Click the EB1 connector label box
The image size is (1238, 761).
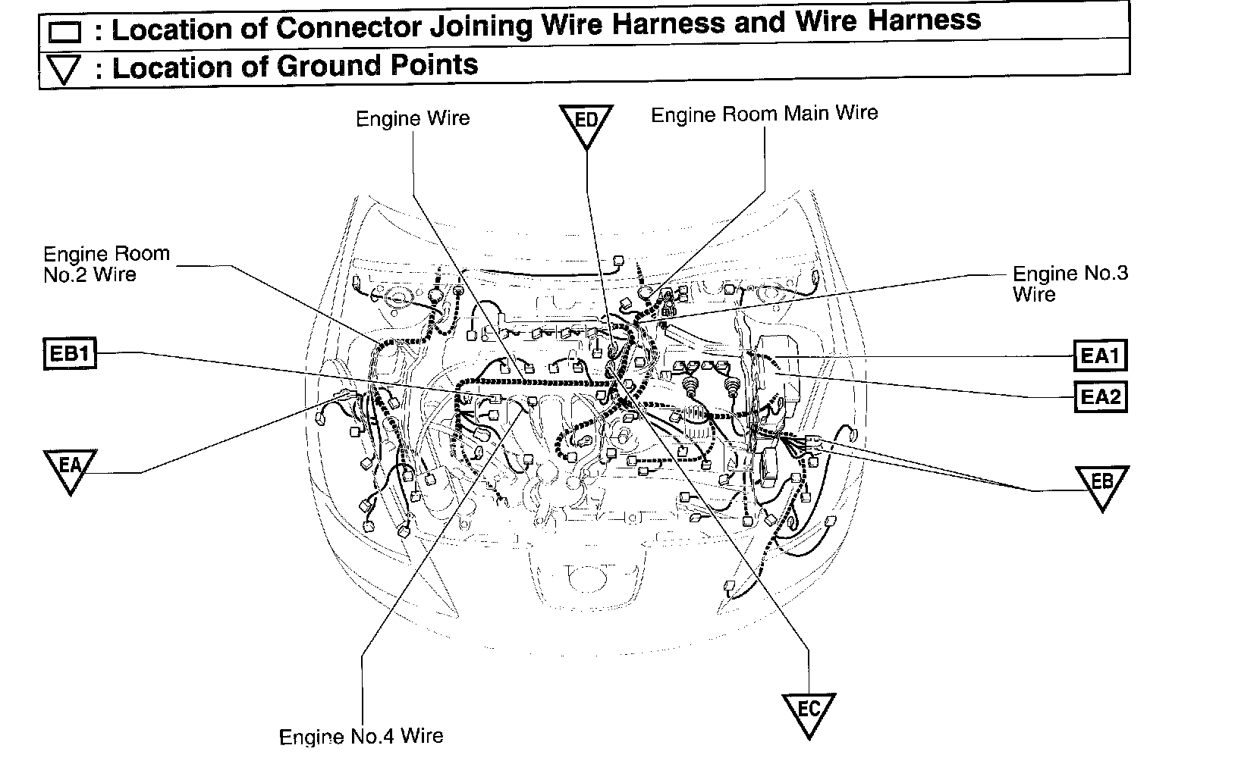tap(70, 354)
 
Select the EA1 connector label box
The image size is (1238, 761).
tap(1100, 355)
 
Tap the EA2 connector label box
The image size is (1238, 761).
tap(1100, 396)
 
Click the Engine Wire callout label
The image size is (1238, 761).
tap(413, 119)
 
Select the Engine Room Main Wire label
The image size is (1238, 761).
tap(765, 114)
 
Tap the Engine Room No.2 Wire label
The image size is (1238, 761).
tap(106, 264)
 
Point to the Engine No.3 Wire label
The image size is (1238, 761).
tap(1070, 283)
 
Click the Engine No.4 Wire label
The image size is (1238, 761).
tap(361, 736)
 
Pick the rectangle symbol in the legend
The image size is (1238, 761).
tap(64, 32)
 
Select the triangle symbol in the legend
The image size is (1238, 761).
tap(64, 70)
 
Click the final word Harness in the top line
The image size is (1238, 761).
tap(925, 20)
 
